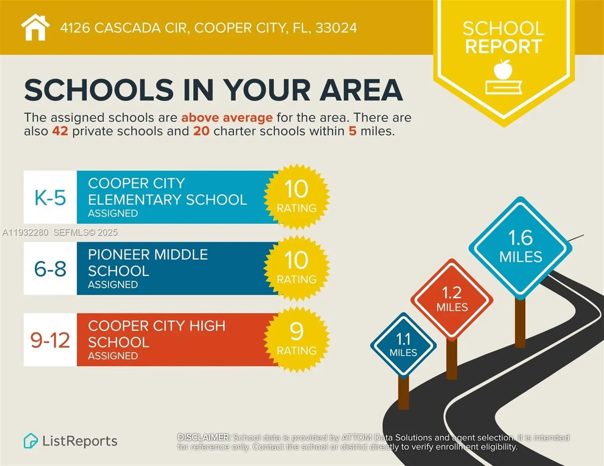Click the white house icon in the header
pyautogui.click(x=35, y=27)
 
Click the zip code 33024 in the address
pyautogui.click(x=336, y=28)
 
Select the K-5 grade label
pyautogui.click(x=50, y=198)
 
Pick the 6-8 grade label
pyautogui.click(x=50, y=269)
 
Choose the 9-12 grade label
pyautogui.click(x=50, y=340)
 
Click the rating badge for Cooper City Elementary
pyautogui.click(x=296, y=196)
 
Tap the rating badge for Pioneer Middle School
pyautogui.click(x=296, y=268)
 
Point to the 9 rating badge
pyautogui.click(x=296, y=339)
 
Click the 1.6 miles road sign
pyautogui.click(x=520, y=247)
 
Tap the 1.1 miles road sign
pyautogui.click(x=403, y=345)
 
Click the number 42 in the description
pyautogui.click(x=60, y=131)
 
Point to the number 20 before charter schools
pyautogui.click(x=201, y=131)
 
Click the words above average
pyautogui.click(x=227, y=118)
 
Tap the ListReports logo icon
pyautogui.click(x=30, y=441)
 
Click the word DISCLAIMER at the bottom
pyautogui.click(x=203, y=438)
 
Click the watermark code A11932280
pyautogui.click(x=25, y=233)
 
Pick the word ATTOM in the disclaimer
pyautogui.click(x=356, y=438)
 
